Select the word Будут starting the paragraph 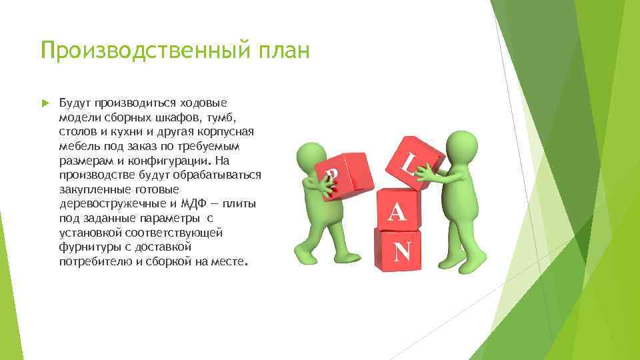[x=75, y=103]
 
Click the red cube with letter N [x=398, y=250]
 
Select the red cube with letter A [x=397, y=210]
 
